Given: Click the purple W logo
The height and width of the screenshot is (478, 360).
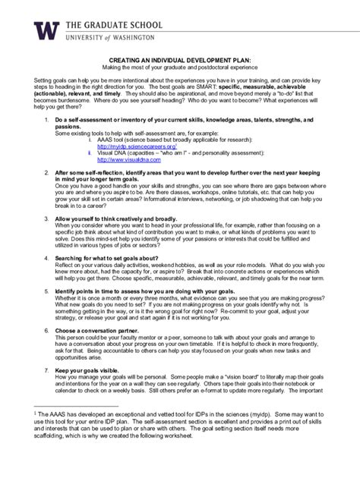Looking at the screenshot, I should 46,30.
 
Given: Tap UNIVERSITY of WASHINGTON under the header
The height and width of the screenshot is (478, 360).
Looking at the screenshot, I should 111,37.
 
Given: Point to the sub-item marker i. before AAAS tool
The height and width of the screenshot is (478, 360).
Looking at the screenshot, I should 91,140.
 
